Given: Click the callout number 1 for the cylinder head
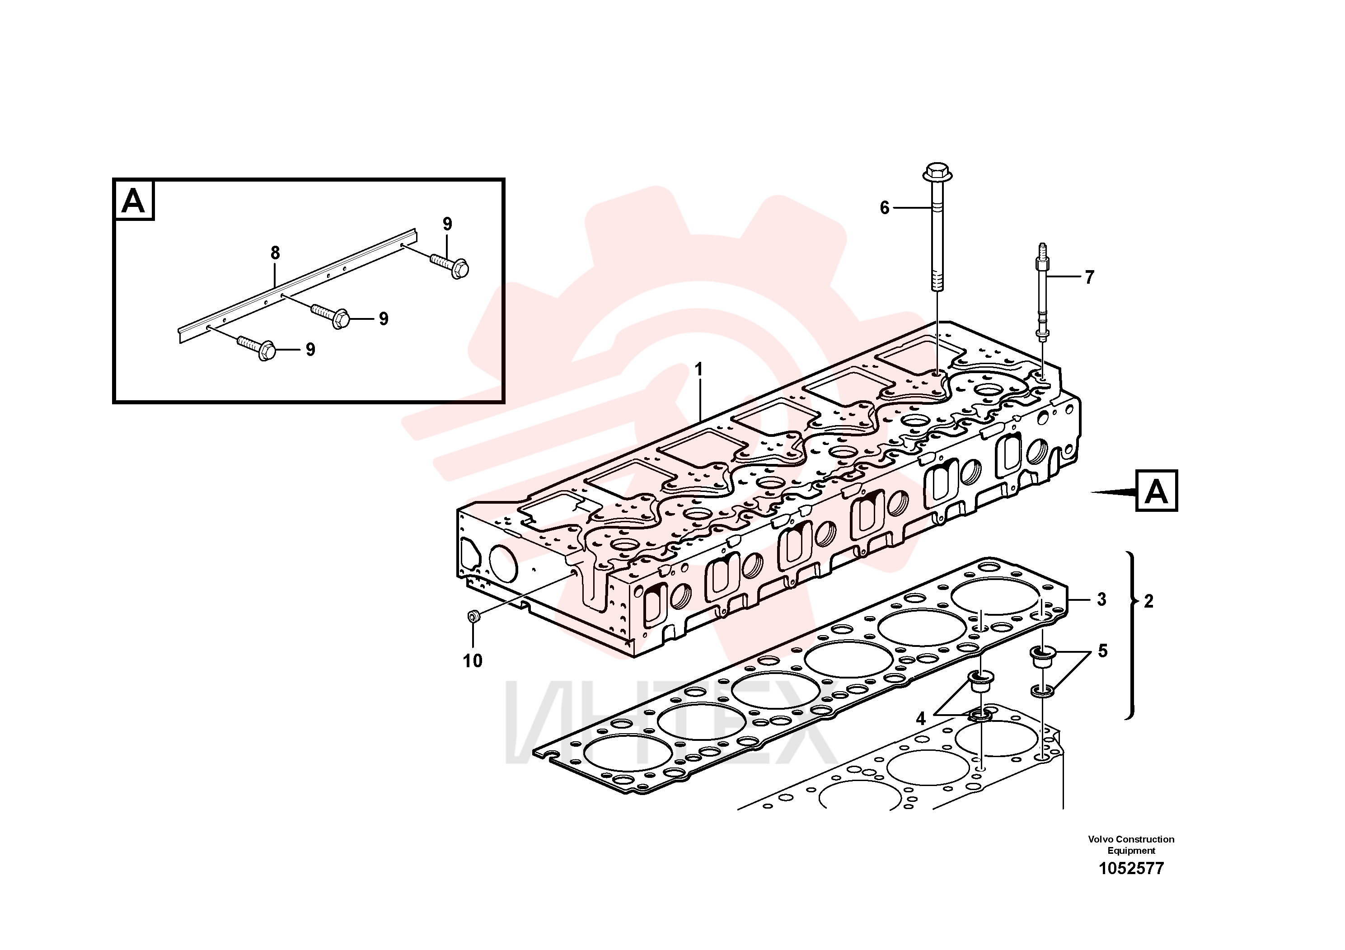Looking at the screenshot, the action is point(698,370).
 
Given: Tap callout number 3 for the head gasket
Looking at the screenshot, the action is point(1102,599).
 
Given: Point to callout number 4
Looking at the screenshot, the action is point(920,719).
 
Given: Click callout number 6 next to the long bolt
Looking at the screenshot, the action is point(885,207).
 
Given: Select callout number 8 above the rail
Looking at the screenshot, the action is point(275,253).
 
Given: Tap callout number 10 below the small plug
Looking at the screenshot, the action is point(473,661).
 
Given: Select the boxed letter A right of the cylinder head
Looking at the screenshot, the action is point(1156,491).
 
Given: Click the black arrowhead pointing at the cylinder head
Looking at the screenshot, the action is point(1113,492).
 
